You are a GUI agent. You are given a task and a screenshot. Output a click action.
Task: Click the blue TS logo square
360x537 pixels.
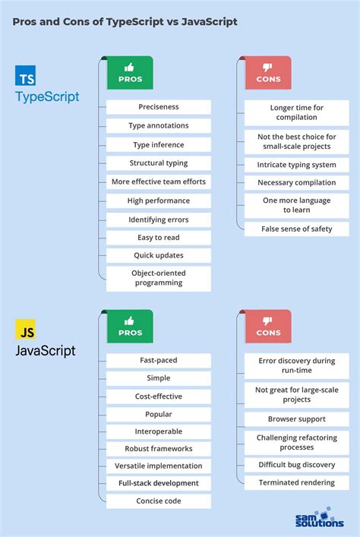point(25,76)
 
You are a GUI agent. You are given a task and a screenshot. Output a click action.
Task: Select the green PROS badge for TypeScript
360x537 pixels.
point(129,73)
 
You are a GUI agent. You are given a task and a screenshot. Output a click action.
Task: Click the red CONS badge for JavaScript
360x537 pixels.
point(267,327)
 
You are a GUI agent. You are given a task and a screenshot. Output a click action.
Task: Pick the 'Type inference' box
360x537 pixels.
point(159,144)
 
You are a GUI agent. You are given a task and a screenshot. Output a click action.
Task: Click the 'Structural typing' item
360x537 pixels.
point(159,163)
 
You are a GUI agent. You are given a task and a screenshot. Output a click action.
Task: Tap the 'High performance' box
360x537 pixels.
point(159,201)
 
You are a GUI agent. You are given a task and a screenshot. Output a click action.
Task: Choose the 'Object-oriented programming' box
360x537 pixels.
point(159,278)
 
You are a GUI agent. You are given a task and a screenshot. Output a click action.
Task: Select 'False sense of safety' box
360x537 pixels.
point(296,229)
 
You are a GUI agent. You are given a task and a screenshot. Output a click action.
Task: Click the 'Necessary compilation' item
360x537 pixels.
point(296,182)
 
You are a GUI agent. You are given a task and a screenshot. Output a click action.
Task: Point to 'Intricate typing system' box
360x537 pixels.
point(296,164)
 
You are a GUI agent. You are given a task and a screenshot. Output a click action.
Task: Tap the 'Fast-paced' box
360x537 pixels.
point(159,359)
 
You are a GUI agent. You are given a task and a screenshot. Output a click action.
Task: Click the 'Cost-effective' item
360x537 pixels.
point(159,396)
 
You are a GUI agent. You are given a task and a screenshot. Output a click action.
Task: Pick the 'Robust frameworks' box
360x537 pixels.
point(159,448)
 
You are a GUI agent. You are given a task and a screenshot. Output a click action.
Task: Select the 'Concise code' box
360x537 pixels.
point(159,501)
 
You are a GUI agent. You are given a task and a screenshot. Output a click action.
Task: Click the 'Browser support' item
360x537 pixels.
point(296,419)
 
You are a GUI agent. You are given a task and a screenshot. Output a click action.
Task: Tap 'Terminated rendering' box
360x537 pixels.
point(296,482)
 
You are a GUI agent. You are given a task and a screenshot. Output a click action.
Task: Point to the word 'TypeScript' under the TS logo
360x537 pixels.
point(47,97)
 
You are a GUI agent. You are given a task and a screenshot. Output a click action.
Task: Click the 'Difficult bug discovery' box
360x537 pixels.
point(296,464)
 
